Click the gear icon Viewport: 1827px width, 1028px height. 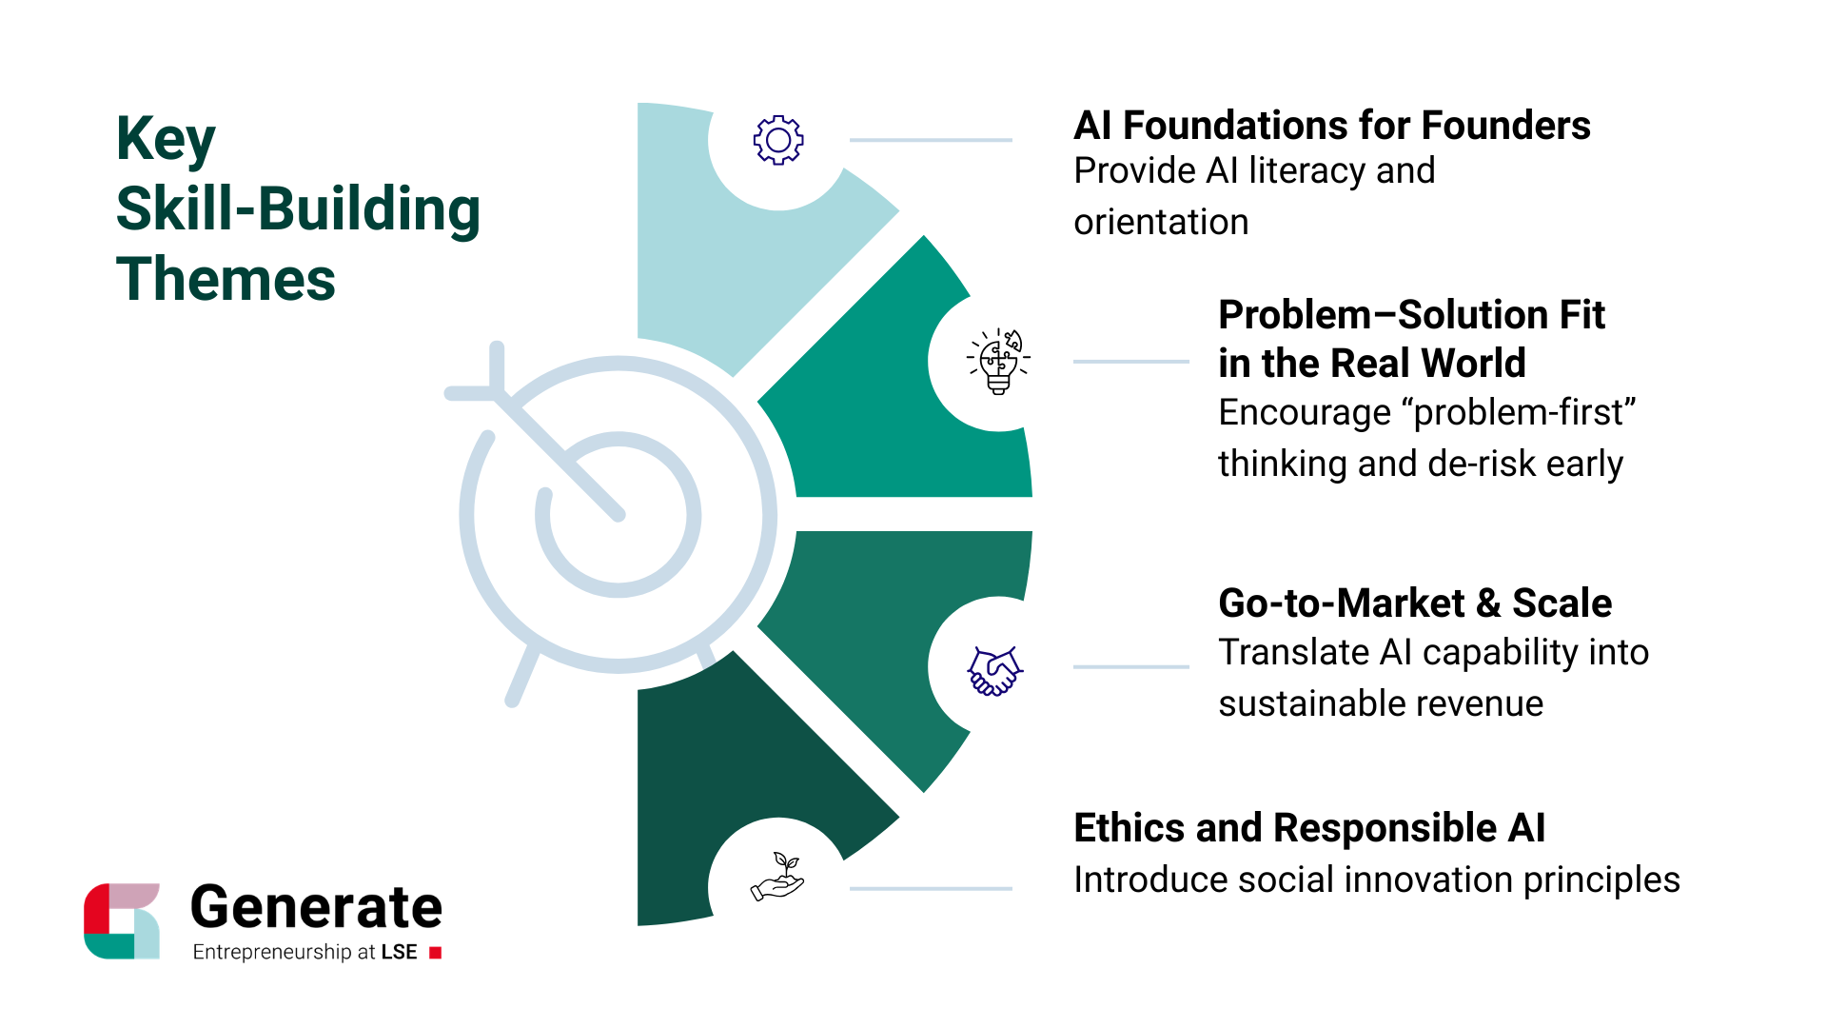coord(778,141)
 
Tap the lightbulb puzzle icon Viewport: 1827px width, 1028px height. coord(998,362)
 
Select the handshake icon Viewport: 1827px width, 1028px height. coord(994,670)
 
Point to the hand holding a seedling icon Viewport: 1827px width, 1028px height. coord(778,877)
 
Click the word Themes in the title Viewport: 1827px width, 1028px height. coord(226,280)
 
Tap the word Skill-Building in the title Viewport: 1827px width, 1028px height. coord(298,209)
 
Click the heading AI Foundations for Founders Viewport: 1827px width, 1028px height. coord(1331,126)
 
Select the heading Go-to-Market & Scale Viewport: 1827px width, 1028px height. coord(1415,603)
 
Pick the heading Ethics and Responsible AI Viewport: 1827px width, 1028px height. coord(1309,828)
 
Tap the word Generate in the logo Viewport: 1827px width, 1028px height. coord(316,907)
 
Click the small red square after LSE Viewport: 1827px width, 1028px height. coord(436,953)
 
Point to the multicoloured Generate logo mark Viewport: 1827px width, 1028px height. coord(122,920)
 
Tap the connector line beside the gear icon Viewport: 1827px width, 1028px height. coord(930,140)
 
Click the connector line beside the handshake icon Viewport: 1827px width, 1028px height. coord(1130,667)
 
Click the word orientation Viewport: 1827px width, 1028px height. coord(1161,223)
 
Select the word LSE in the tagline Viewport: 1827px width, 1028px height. coord(400,953)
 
